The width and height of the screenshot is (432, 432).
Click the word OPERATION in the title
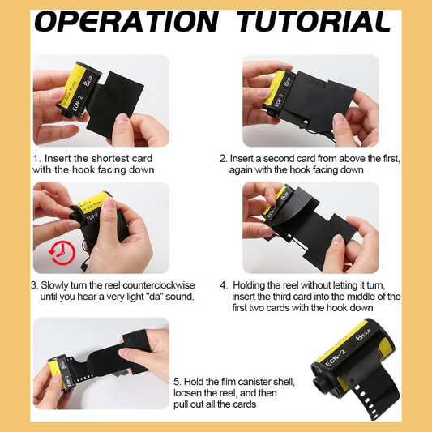126,22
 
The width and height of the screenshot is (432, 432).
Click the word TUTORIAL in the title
314,22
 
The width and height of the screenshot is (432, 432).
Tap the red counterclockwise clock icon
62,253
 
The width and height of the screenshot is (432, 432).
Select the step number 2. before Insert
224,159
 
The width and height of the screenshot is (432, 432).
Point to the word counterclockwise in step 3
158,285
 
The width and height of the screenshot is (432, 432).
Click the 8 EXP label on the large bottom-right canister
363,334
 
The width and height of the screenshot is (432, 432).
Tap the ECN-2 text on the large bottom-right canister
336,358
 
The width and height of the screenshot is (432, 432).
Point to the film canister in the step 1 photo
79,89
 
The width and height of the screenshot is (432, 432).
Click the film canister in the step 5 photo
60,373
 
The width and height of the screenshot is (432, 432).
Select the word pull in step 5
181,404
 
